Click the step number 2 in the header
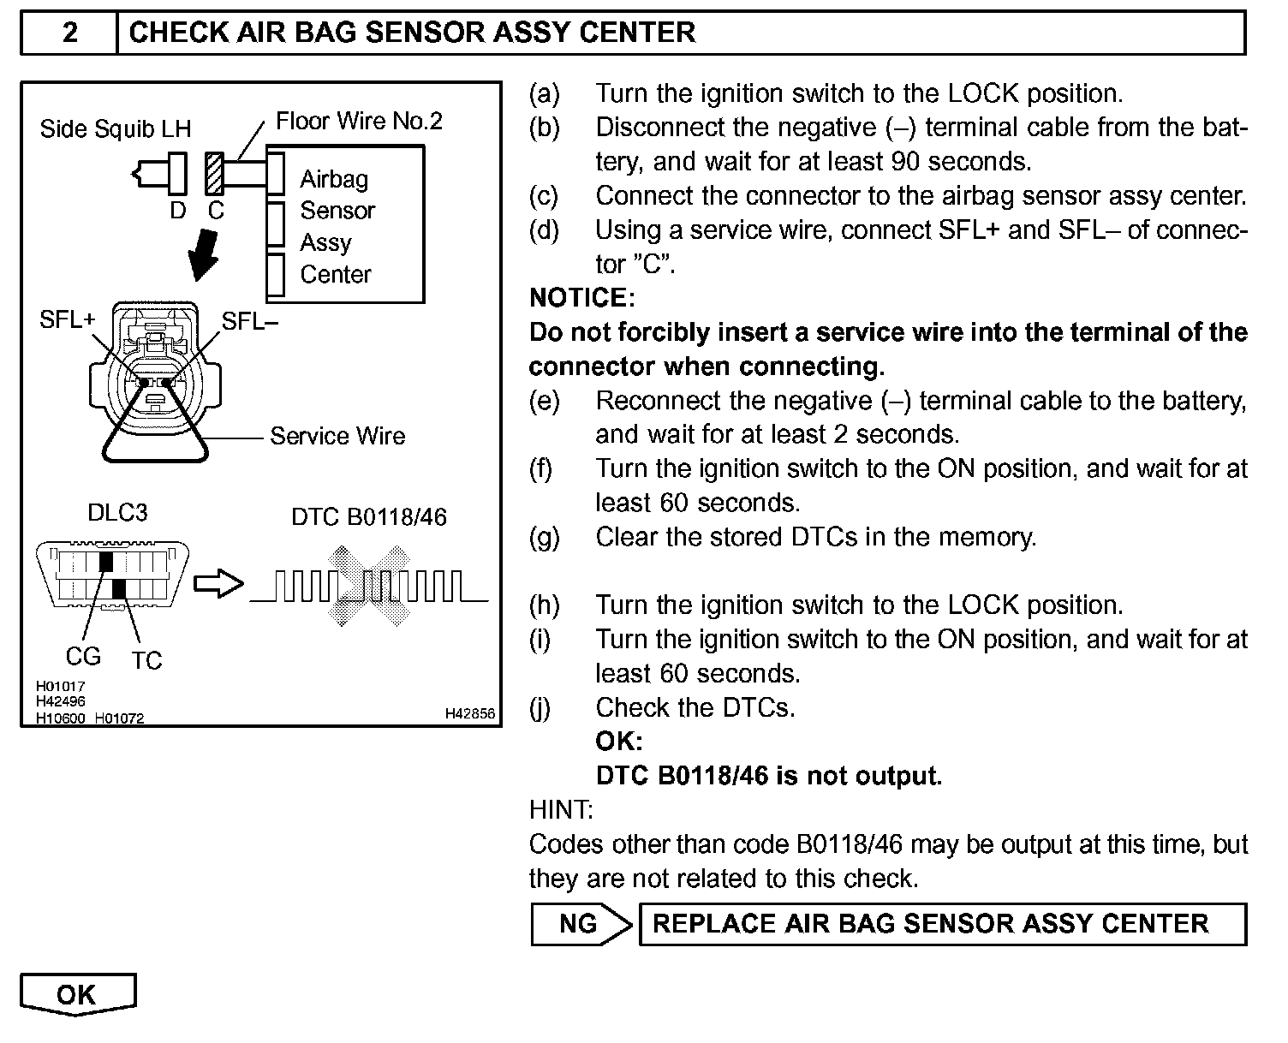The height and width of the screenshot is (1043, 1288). click(69, 33)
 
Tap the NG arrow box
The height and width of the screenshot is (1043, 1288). click(581, 924)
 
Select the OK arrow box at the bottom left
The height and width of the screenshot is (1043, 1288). click(77, 994)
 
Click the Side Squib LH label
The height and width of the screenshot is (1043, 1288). click(116, 129)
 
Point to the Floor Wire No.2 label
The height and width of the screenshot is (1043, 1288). click(359, 122)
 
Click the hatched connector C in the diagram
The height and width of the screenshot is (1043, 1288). click(214, 173)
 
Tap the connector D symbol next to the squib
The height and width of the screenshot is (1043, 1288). click(177, 174)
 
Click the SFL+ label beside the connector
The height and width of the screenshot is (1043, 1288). click(68, 321)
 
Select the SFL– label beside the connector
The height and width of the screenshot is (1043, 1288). click(250, 321)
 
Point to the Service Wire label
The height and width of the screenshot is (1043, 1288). click(337, 437)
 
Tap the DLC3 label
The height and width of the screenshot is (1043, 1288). click(117, 513)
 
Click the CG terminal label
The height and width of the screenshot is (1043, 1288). click(83, 657)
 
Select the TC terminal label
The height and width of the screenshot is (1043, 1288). click(146, 661)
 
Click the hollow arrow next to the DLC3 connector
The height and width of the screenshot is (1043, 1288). click(218, 584)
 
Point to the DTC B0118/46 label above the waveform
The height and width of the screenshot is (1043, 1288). click(369, 517)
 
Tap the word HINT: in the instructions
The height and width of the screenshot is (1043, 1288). click(561, 810)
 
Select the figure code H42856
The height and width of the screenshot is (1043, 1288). click(469, 713)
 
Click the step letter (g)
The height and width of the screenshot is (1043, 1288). click(544, 538)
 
